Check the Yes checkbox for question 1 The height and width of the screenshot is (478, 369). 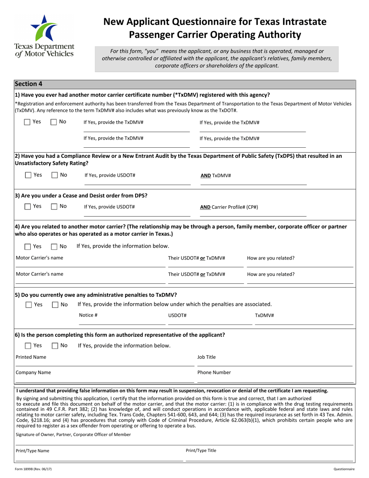pyautogui.click(x=27, y=122)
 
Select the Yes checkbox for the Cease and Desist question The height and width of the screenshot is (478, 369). pyautogui.click(x=28, y=207)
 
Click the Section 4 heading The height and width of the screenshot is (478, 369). pyautogui.click(x=28, y=84)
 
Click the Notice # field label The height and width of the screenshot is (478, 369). pyautogui.click(x=88, y=315)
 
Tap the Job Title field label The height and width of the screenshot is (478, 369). pyautogui.click(x=206, y=357)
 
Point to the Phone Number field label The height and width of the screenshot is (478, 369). pyautogui.click(x=214, y=372)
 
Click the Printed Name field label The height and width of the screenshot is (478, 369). pyautogui.click(x=31, y=357)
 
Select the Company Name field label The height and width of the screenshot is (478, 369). pyautogui.click(x=33, y=372)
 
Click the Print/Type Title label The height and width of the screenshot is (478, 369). pyautogui.click(x=201, y=450)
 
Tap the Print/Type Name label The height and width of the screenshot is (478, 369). pyautogui.click(x=32, y=451)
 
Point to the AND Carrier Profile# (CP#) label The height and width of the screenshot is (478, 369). pyautogui.click(x=229, y=207)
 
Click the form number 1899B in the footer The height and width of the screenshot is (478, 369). pyautogui.click(x=33, y=469)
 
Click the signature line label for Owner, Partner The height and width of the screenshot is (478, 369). pyautogui.click(x=73, y=434)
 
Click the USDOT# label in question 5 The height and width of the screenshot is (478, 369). pyautogui.click(x=177, y=315)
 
